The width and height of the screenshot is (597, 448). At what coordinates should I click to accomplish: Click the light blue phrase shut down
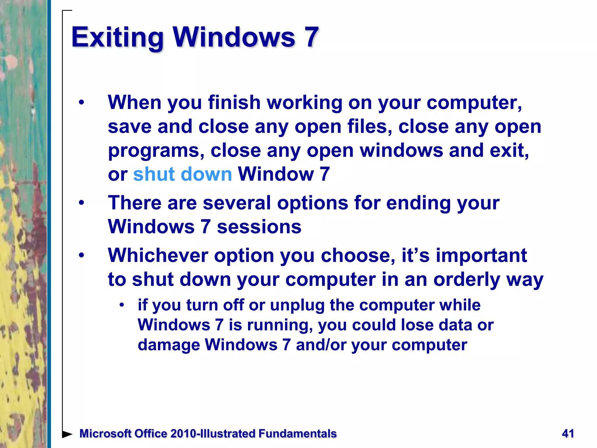pos(182,174)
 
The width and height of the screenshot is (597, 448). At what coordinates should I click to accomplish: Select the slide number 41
pos(568,433)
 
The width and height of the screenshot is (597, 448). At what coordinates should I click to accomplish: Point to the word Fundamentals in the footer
pos(297,434)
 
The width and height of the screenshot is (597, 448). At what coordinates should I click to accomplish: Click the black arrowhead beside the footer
pos(67,434)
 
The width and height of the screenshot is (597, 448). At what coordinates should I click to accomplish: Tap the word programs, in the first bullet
pos(156,151)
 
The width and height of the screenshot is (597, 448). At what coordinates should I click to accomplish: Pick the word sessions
pos(259,227)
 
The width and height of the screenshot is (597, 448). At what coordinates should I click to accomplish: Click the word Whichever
pos(158,255)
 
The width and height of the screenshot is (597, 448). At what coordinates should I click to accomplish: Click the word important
pos(481,255)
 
